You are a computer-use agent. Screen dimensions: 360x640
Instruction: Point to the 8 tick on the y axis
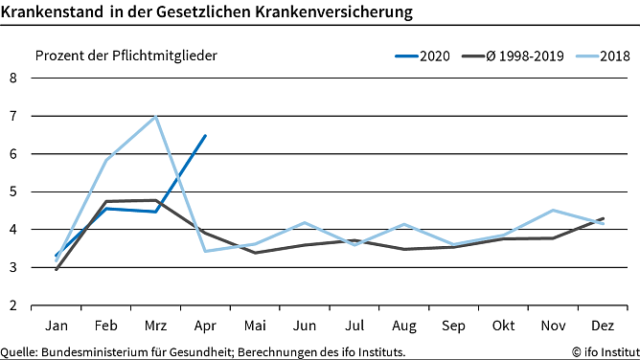pyautogui.click(x=13, y=78)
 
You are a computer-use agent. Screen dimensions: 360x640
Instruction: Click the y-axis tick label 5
pyautogui.click(x=13, y=191)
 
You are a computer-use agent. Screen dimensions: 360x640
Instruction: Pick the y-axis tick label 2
pyautogui.click(x=13, y=305)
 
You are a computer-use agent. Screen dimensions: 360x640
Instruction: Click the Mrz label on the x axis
pyautogui.click(x=155, y=324)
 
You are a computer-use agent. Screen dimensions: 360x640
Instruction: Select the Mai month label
pyautogui.click(x=255, y=324)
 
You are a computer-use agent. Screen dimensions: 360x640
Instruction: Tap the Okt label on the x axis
pyautogui.click(x=503, y=324)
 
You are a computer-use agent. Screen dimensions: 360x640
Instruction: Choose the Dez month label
pyautogui.click(x=603, y=324)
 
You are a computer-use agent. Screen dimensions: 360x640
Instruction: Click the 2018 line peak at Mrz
pyautogui.click(x=155, y=116)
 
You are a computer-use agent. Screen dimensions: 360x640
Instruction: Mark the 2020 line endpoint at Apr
pyautogui.click(x=205, y=135)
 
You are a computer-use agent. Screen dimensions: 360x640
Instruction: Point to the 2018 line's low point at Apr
pyautogui.click(x=205, y=251)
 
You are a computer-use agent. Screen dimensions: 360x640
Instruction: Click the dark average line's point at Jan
pyautogui.click(x=56, y=270)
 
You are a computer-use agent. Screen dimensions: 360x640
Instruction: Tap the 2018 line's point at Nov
pyautogui.click(x=553, y=210)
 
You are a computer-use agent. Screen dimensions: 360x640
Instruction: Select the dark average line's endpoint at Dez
pyautogui.click(x=603, y=218)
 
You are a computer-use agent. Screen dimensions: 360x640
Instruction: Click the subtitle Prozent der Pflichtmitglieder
pyautogui.click(x=126, y=55)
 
